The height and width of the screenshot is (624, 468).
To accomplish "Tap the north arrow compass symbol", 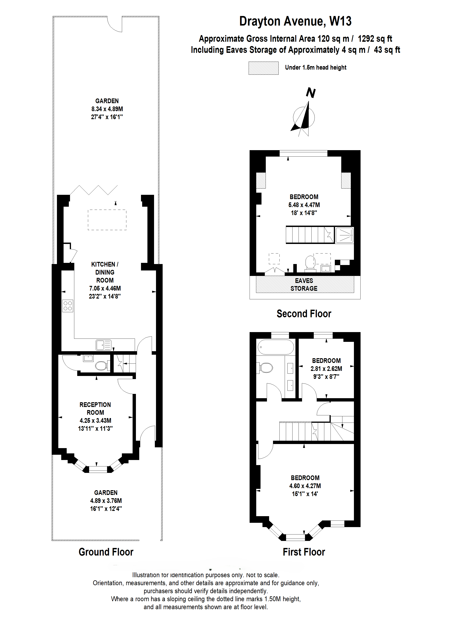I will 304,117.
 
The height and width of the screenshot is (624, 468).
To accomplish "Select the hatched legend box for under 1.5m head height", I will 263,68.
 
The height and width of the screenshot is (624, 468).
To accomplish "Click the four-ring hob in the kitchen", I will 67,306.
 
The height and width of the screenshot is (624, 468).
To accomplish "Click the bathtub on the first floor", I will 276,347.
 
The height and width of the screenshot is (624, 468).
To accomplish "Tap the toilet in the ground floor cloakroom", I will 101,366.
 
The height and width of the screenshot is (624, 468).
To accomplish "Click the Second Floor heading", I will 304,314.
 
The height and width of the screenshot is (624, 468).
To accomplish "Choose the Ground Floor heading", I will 106,552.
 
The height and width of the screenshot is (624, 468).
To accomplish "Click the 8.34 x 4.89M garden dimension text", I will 107,109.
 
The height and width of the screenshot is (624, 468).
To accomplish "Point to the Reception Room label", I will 95,409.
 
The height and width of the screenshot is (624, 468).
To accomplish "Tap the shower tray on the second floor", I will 344,235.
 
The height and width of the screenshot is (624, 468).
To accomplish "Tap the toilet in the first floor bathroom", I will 265,368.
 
